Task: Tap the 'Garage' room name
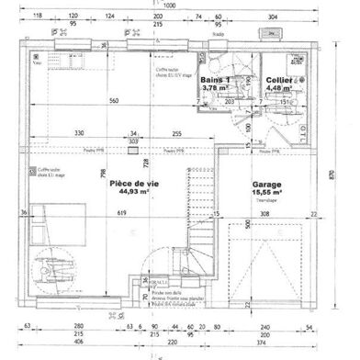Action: (267, 184)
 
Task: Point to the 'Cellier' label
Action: (279, 81)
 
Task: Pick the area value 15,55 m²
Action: (267, 192)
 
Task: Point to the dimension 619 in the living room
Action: (120, 213)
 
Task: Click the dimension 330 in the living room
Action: (80, 133)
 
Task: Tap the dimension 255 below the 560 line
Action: (174, 133)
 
